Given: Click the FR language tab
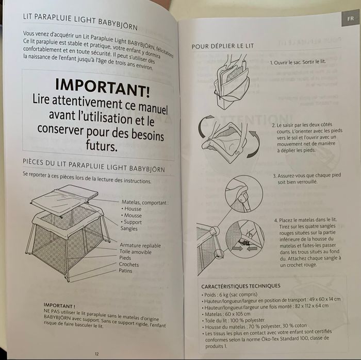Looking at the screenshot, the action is [x=350, y=19].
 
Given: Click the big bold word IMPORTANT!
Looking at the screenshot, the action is [x=103, y=88].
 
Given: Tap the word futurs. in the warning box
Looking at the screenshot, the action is [x=102, y=146].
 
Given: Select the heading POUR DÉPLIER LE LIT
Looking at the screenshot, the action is [x=223, y=46].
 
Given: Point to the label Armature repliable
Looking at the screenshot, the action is [x=140, y=245].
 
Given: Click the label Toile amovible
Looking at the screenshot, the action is [x=135, y=252].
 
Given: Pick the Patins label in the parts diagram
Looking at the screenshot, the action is [x=125, y=270].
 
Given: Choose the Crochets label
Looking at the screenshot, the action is [x=129, y=264].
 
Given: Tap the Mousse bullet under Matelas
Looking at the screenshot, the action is [x=132, y=215].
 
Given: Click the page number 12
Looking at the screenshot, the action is [x=97, y=354].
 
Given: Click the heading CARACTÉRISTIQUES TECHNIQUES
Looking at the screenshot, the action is [x=241, y=286].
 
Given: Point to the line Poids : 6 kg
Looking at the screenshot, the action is [x=229, y=295].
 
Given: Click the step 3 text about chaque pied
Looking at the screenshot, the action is [x=307, y=179].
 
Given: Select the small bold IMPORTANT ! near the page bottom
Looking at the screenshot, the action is [x=59, y=305].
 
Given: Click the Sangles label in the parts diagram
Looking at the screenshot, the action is [x=129, y=229].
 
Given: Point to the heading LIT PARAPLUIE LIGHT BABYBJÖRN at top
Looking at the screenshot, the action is [x=80, y=22].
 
